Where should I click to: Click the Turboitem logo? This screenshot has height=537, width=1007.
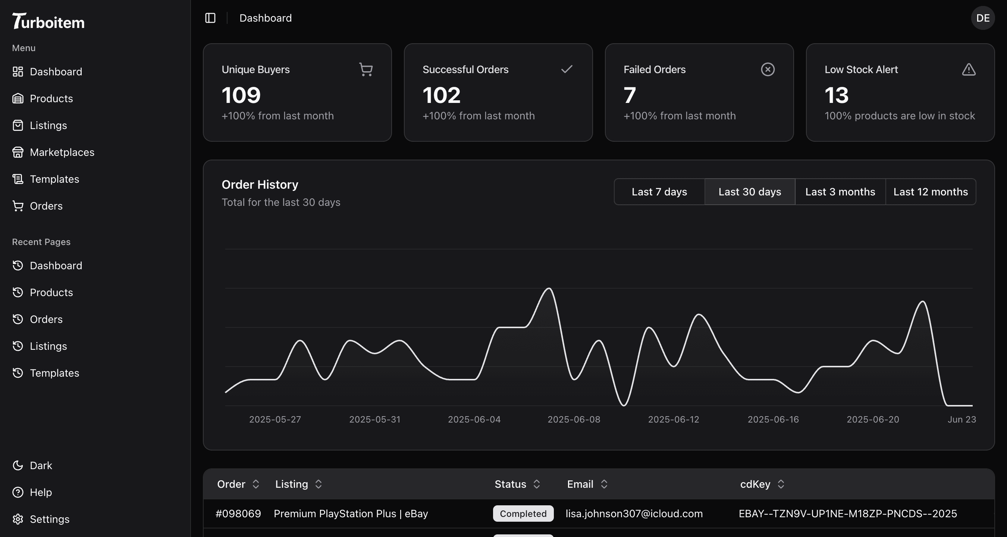pos(48,21)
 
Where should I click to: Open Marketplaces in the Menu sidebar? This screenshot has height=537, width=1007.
pos(62,152)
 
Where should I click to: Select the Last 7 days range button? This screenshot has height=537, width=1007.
pos(659,192)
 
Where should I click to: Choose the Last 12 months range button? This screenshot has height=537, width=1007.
pos(931,192)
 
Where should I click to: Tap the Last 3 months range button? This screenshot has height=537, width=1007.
pos(840,192)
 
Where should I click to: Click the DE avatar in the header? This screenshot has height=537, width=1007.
pos(982,18)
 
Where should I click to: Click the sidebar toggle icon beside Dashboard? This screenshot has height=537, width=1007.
pos(210,18)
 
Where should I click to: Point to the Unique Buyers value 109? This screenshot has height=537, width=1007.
pos(241,95)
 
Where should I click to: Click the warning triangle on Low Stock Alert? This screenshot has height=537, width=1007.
pos(968,70)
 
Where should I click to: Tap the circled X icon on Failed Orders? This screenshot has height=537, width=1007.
pos(767,70)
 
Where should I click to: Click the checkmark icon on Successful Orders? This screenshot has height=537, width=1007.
pos(567,69)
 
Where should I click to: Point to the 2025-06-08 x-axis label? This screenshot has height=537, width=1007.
pos(574,420)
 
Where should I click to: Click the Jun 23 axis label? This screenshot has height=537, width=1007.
pos(961,420)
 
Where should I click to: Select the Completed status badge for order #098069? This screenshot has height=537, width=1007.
pos(523,514)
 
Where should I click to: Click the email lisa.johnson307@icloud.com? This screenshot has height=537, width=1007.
pos(634,514)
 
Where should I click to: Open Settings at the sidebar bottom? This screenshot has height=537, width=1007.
pos(49,519)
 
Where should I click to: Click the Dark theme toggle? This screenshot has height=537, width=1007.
pos(41,465)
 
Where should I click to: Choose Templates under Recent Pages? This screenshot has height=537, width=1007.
pos(54,373)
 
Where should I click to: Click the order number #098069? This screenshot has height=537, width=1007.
pos(238,514)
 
